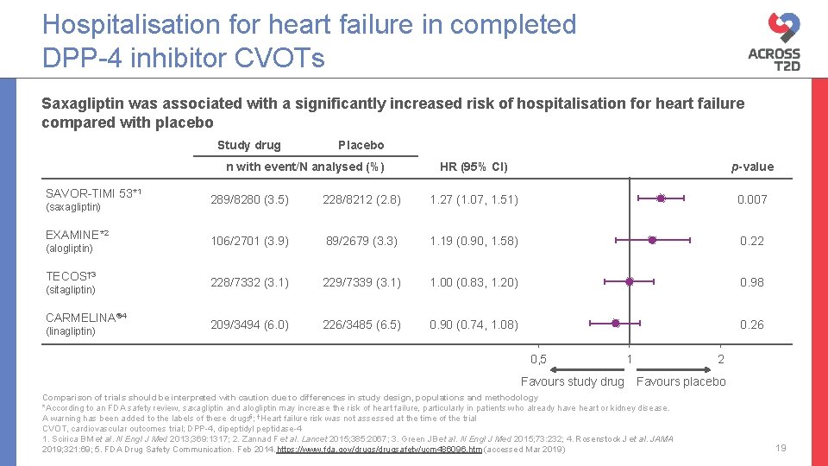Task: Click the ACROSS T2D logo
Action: [x=774, y=41]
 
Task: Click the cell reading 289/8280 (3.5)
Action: [x=250, y=199]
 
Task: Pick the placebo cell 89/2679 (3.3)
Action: [x=361, y=241]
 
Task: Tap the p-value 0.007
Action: [x=750, y=199]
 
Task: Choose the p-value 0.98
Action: [x=751, y=282]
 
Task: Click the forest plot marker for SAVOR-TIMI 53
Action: [x=661, y=198]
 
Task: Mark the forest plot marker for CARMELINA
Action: [x=615, y=324]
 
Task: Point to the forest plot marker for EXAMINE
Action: [x=652, y=240]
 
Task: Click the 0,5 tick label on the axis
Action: [x=538, y=359]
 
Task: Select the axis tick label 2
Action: [x=721, y=359]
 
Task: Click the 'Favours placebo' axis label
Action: [x=681, y=381]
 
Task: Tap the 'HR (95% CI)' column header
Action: [x=474, y=167]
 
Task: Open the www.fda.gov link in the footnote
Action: [x=379, y=450]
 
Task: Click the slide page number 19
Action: [x=781, y=447]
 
